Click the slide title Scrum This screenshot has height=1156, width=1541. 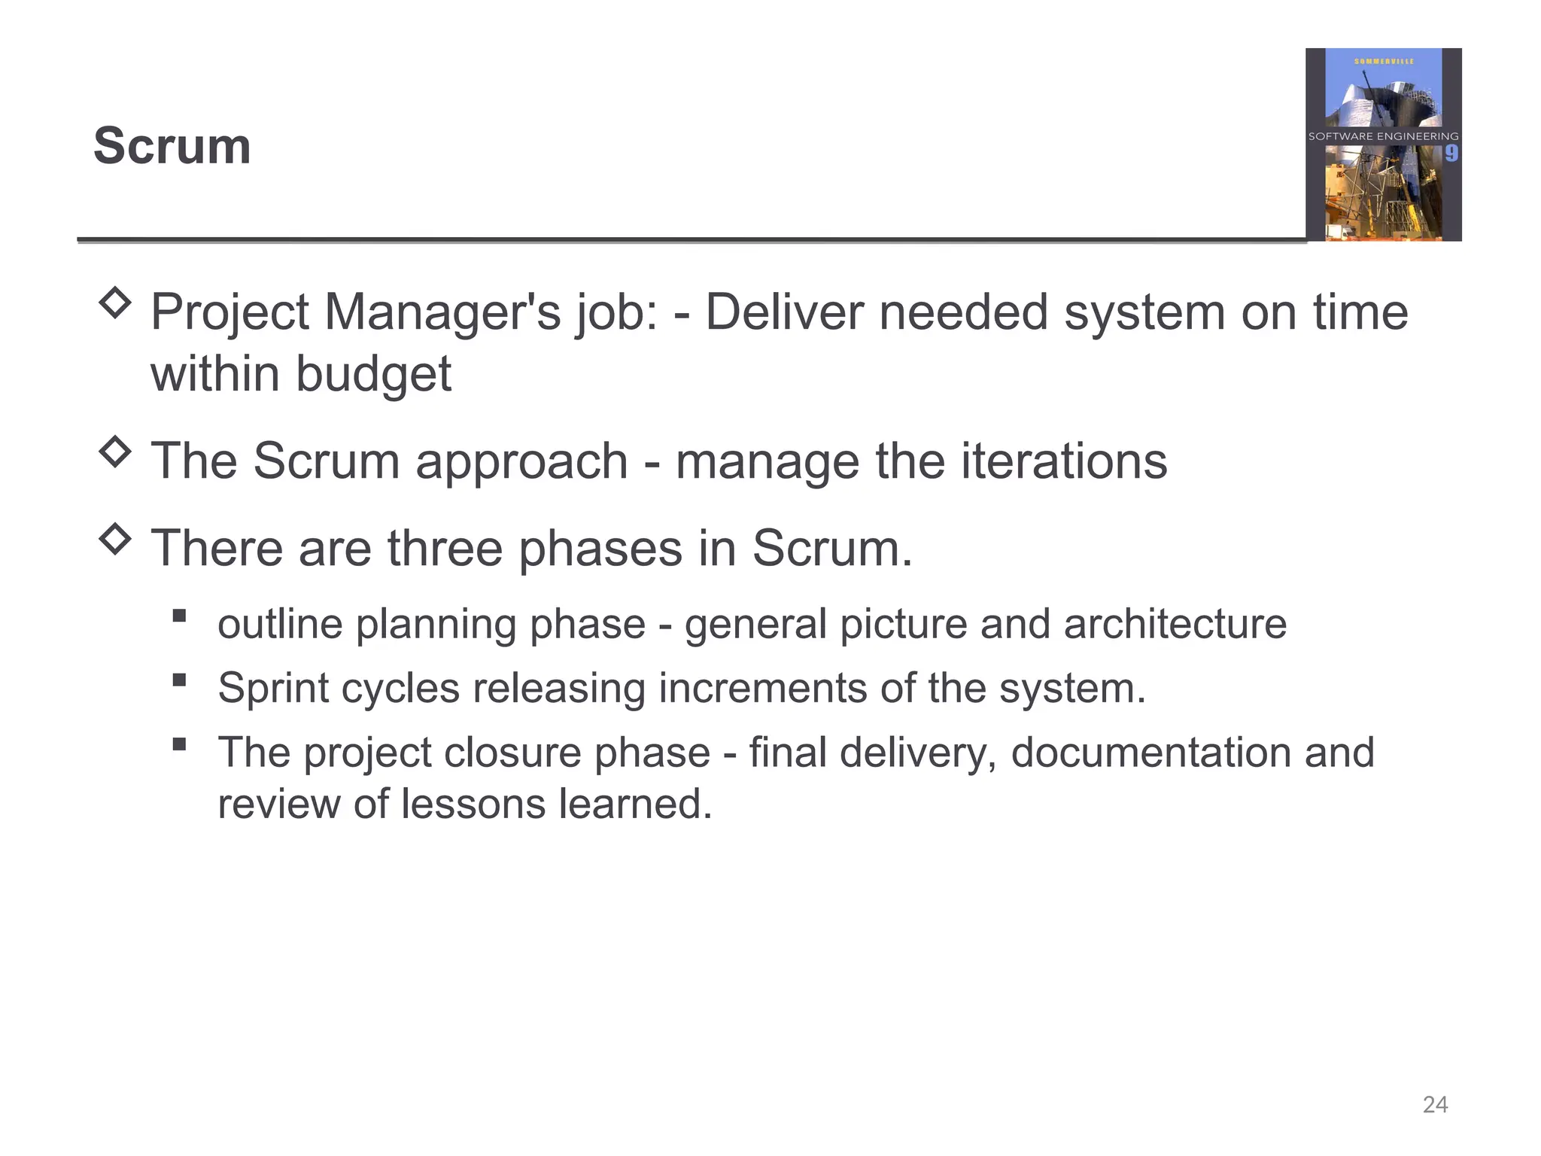pos(172,146)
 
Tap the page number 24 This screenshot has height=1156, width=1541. pos(1435,1104)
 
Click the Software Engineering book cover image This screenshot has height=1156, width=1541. pos(1383,144)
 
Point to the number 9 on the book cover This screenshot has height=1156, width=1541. pos(1451,154)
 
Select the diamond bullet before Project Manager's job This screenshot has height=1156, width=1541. pos(115,303)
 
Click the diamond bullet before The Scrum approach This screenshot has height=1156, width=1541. pos(115,452)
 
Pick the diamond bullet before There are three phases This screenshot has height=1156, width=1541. pos(115,539)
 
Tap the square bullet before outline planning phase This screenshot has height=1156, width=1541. pos(179,616)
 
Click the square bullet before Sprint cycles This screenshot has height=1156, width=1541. pos(179,680)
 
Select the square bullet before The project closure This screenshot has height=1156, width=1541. pos(179,744)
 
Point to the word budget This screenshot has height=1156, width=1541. pos(373,374)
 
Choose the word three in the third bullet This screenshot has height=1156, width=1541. pos(445,548)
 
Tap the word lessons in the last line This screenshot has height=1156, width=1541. pos(473,804)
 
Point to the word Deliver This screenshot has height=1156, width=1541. pos(784,313)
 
